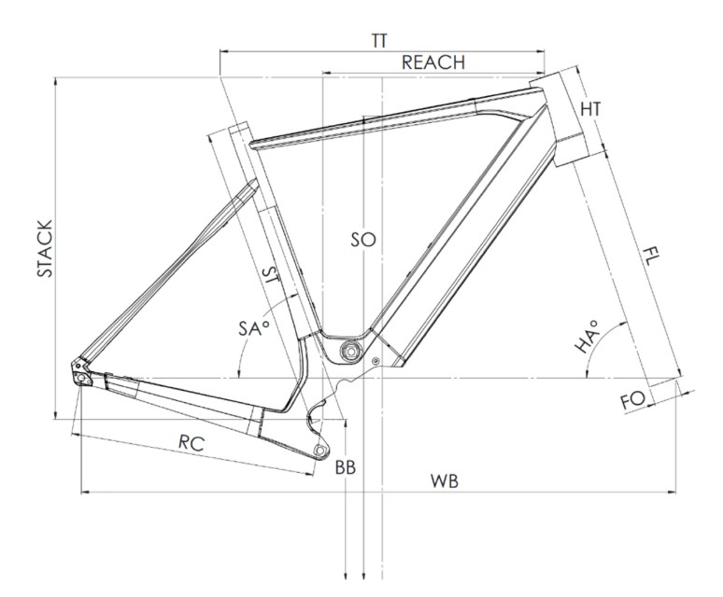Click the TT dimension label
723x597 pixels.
[x=379, y=41]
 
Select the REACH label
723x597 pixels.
[x=433, y=62]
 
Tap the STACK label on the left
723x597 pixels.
[x=45, y=248]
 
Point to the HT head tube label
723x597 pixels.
[x=590, y=109]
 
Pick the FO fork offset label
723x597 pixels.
[x=632, y=400]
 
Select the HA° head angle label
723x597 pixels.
[x=587, y=337]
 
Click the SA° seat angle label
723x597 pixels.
[x=253, y=328]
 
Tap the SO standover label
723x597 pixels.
[x=363, y=240]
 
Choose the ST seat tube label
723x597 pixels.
[x=271, y=276]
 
